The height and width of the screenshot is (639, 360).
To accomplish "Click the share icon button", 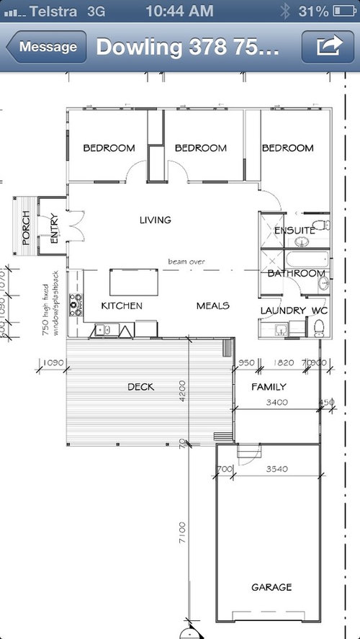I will pyautogui.click(x=328, y=47).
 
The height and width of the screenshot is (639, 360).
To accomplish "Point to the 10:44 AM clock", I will pyautogui.click(x=179, y=11).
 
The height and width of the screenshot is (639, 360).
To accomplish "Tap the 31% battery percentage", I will pyautogui.click(x=315, y=11).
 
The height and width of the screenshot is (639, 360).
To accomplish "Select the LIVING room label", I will pyautogui.click(x=156, y=220).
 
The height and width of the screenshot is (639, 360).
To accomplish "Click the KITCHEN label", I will pyautogui.click(x=121, y=305).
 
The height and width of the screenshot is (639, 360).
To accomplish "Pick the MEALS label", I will pyautogui.click(x=212, y=305).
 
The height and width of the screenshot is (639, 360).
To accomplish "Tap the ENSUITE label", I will pyautogui.click(x=294, y=231).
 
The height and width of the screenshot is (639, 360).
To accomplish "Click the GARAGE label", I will pyautogui.click(x=271, y=587).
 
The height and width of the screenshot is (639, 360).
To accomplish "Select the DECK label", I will pyautogui.click(x=141, y=387).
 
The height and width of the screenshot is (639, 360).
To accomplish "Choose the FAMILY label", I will pyautogui.click(x=269, y=387).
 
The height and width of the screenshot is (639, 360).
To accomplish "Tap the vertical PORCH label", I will pyautogui.click(x=26, y=228).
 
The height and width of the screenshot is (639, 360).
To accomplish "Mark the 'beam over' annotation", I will pyautogui.click(x=187, y=262).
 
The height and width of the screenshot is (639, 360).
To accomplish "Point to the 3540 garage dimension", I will pyautogui.click(x=276, y=469).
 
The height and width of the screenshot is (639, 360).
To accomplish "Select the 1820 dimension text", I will pyautogui.click(x=284, y=362).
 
